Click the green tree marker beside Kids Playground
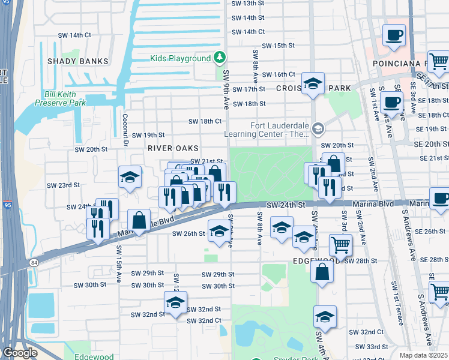(220, 58)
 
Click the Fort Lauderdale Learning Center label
(268, 130)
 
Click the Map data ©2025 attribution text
(424, 355)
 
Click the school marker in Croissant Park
(313, 85)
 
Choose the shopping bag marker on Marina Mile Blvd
(139, 220)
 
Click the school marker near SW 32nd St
(175, 304)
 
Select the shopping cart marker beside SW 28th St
(340, 245)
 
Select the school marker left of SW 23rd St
(130, 178)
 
